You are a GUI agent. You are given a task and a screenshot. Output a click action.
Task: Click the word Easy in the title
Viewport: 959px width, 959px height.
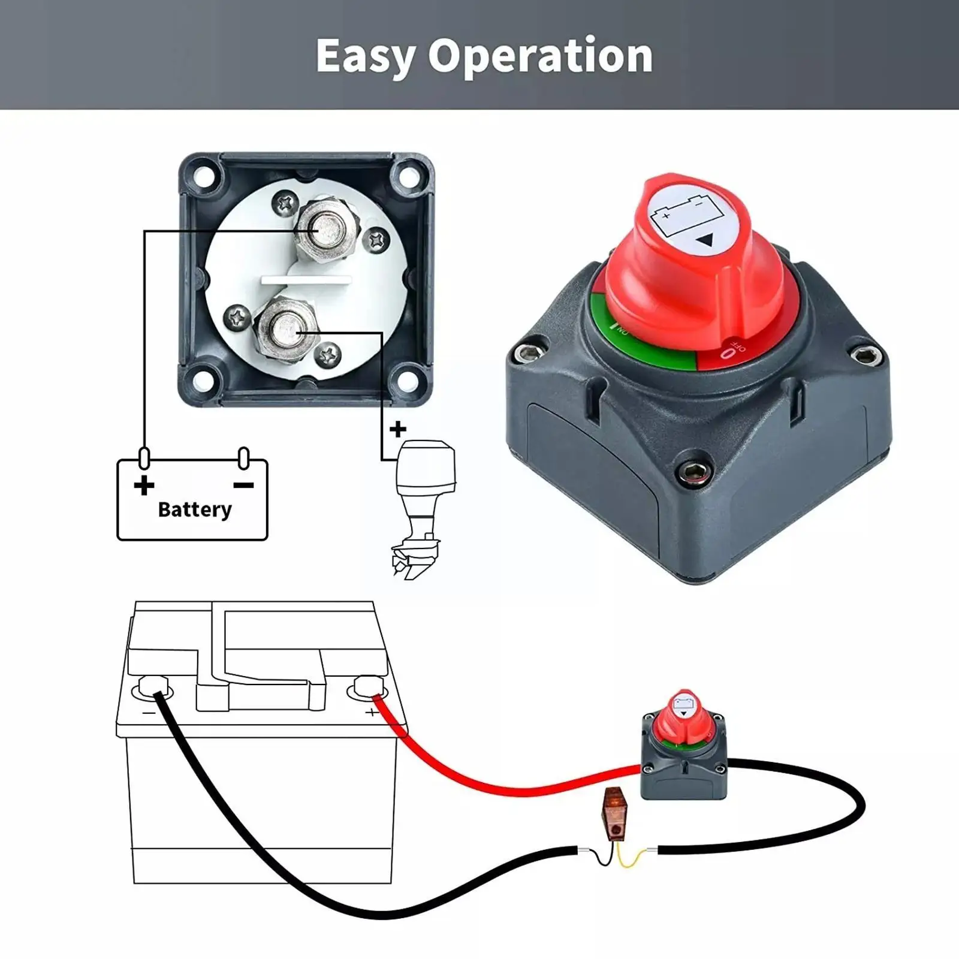click(366, 56)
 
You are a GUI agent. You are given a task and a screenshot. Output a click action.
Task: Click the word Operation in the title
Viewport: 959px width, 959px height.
click(540, 56)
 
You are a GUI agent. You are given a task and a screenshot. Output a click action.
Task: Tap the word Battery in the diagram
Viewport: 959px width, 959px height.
click(195, 509)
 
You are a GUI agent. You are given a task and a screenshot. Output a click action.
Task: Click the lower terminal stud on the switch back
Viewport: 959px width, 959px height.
click(287, 330)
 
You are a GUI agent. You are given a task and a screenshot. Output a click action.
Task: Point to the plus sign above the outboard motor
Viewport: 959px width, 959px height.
click(397, 429)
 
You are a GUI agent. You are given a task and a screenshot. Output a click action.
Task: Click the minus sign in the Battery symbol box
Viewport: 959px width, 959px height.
click(243, 484)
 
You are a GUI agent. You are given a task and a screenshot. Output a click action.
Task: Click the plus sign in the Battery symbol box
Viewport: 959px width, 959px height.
click(144, 484)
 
